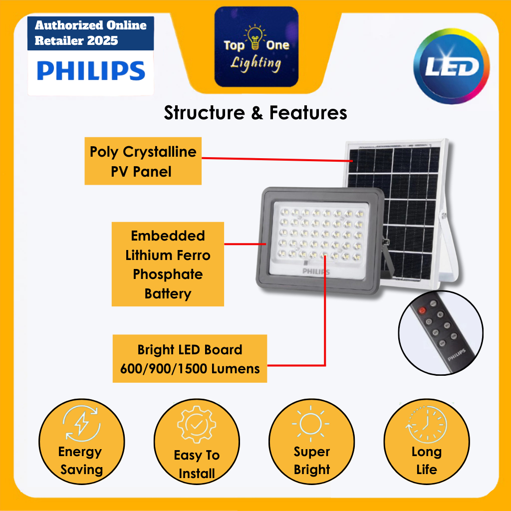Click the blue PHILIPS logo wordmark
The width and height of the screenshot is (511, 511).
[91, 71]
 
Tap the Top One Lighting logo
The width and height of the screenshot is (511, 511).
[256, 47]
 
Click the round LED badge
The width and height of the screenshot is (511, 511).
[452, 68]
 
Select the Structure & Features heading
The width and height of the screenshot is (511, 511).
[255, 113]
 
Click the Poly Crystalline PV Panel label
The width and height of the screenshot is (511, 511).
[143, 161]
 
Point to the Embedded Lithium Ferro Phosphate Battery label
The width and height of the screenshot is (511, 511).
[168, 264]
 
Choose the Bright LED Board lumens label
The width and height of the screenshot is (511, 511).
[190, 359]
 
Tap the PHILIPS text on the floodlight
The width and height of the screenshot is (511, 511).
[316, 271]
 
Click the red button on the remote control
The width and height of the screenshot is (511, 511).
[422, 311]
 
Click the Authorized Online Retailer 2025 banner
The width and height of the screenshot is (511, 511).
[90, 33]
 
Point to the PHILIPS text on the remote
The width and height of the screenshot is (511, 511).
[456, 355]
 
